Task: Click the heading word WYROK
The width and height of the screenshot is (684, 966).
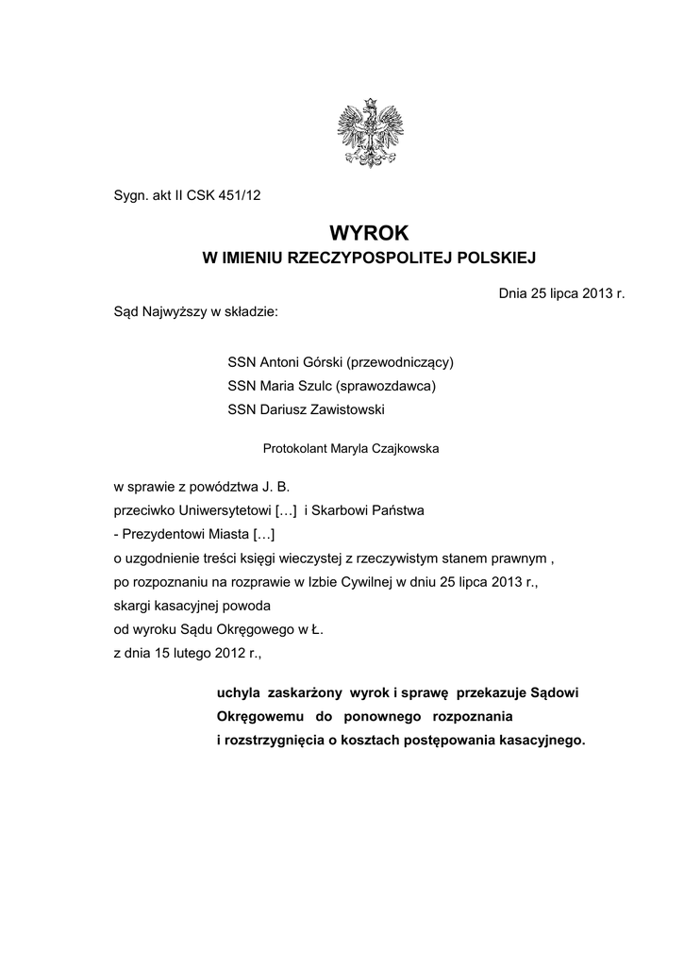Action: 370,232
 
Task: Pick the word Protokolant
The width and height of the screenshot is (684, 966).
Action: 294,449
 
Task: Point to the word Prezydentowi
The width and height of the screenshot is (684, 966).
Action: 161,533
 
